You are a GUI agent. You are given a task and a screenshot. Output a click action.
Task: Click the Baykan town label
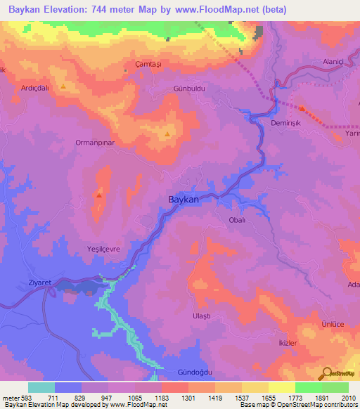(x=184, y=200)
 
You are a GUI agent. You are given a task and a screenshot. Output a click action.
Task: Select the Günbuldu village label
(x=188, y=90)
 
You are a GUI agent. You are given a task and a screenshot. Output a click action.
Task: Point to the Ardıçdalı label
(x=36, y=79)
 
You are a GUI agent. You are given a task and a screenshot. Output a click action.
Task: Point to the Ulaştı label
(x=201, y=317)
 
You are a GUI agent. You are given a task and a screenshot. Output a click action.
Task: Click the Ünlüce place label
(x=332, y=324)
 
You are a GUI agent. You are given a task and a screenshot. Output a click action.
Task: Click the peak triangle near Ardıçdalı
(x=64, y=87)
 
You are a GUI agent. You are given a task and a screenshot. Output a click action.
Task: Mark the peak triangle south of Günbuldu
(x=167, y=134)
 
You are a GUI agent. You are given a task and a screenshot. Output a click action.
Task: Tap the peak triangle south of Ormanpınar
(x=99, y=196)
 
